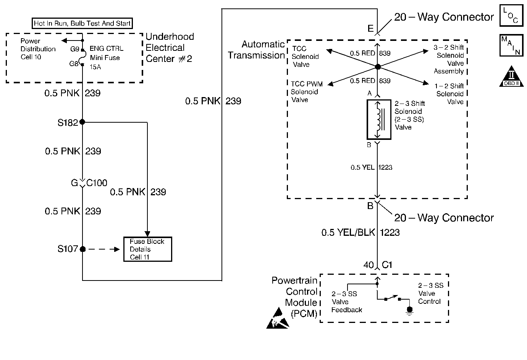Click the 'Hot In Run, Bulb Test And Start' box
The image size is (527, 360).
(82, 23)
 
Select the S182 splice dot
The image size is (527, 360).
(82, 122)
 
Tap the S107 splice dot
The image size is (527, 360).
(82, 249)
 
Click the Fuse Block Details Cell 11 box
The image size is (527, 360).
(147, 249)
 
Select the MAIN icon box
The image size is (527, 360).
(511, 46)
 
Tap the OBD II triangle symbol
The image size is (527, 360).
(511, 77)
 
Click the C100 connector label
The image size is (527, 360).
(97, 183)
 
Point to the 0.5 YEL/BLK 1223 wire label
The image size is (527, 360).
(360, 232)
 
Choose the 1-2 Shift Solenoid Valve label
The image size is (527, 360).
(449, 94)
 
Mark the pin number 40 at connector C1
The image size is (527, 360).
(369, 265)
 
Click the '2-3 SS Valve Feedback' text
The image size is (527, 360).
(346, 302)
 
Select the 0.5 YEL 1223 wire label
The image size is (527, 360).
(371, 167)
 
